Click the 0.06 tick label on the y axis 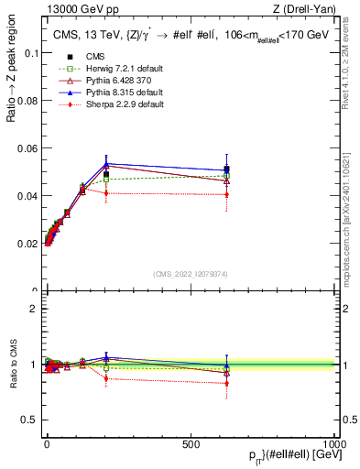(x=27, y=148)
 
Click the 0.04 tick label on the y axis (x=27, y=196)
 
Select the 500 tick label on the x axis (x=191, y=442)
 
